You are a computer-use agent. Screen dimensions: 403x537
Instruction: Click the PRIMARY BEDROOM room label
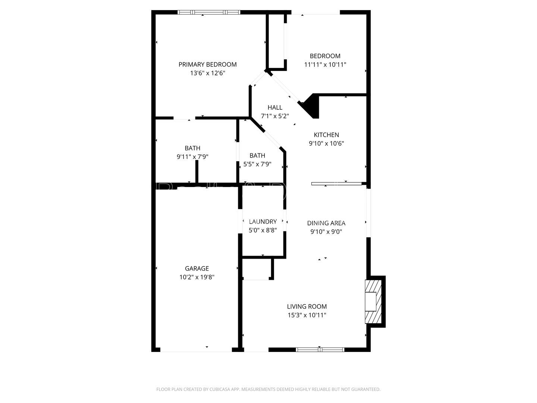tap(207, 65)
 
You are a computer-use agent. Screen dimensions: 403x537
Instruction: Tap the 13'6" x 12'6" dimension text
tap(207, 73)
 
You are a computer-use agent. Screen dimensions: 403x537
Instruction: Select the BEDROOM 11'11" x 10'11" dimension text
tap(325, 65)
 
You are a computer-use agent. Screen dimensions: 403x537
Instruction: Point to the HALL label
tap(275, 107)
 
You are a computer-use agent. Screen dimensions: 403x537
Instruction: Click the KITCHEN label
tap(326, 135)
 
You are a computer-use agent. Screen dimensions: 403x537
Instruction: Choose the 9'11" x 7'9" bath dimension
tap(192, 157)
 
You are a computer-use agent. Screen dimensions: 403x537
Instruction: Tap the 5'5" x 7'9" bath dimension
tap(257, 164)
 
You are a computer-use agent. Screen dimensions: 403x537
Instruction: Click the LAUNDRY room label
tap(263, 222)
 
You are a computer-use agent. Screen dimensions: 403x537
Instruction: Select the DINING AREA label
tap(326, 223)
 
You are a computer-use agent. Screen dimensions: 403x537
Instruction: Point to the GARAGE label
tap(197, 268)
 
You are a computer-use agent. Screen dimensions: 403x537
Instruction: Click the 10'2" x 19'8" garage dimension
tap(197, 277)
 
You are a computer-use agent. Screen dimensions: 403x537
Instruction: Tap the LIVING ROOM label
tap(307, 306)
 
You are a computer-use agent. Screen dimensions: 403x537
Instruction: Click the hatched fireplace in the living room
tap(373, 302)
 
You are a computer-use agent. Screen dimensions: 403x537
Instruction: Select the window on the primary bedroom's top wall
tap(208, 12)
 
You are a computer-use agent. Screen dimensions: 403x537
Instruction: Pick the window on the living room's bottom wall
tap(320, 350)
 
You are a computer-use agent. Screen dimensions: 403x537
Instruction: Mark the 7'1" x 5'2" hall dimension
tap(275, 116)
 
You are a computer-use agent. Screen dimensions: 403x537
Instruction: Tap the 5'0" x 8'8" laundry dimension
tap(263, 230)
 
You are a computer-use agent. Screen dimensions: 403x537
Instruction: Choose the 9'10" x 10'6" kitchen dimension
tap(326, 143)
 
